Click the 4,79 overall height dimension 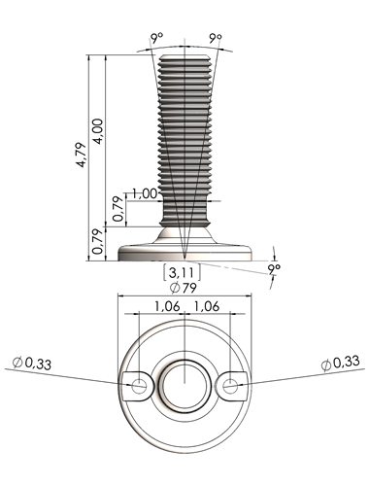(81, 155)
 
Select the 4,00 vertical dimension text (98, 131)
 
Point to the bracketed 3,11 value (182, 273)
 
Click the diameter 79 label (184, 288)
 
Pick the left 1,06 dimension (167, 306)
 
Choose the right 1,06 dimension (207, 306)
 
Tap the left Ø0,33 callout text (32, 364)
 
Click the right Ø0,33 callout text (340, 363)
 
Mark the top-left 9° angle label (157, 38)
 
